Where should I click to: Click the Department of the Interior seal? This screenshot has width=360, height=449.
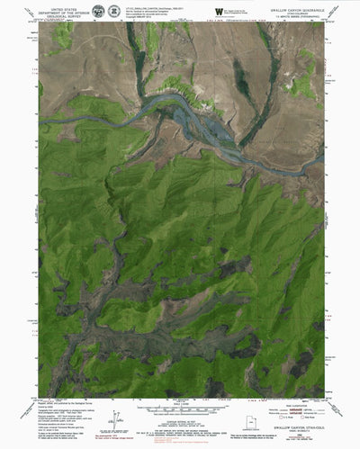(97, 10)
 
